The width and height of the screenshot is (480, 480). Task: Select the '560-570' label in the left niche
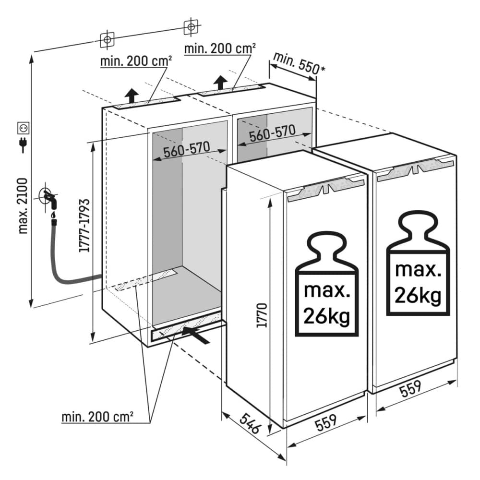187,150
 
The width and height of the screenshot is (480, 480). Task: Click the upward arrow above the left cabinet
134,95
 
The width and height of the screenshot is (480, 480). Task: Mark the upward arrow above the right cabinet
220,82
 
